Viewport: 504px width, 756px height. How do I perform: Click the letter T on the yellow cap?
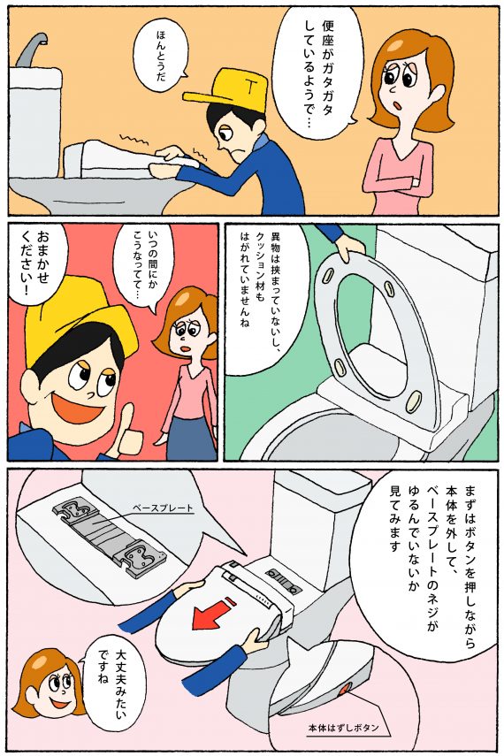[x=250, y=87]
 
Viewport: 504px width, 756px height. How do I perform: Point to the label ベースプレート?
[x=163, y=508]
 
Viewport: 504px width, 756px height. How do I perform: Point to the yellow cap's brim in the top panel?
[x=208, y=97]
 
